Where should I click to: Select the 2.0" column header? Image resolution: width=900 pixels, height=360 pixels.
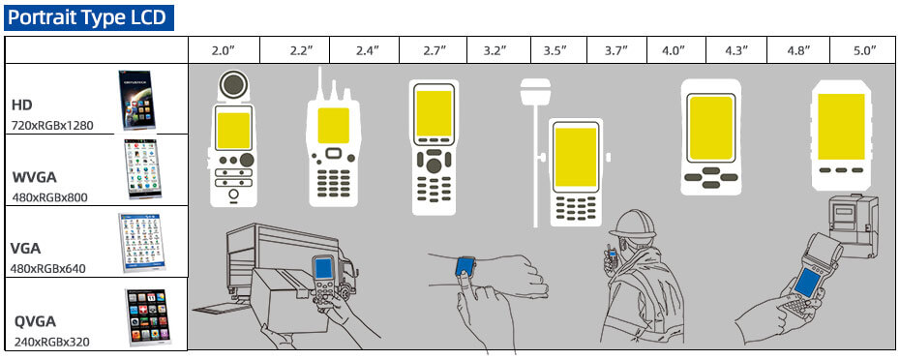pos(225,50)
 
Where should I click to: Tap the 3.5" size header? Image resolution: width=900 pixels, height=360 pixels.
pos(555,50)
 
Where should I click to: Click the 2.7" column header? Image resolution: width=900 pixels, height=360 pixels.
pos(434,50)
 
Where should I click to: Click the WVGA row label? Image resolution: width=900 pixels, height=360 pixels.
pos(35,177)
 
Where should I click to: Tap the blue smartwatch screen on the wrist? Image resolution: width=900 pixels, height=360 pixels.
pos(466,263)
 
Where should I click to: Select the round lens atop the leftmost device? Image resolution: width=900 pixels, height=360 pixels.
pos(231,85)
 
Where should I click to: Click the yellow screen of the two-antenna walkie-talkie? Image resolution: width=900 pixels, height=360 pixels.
pos(334,125)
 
